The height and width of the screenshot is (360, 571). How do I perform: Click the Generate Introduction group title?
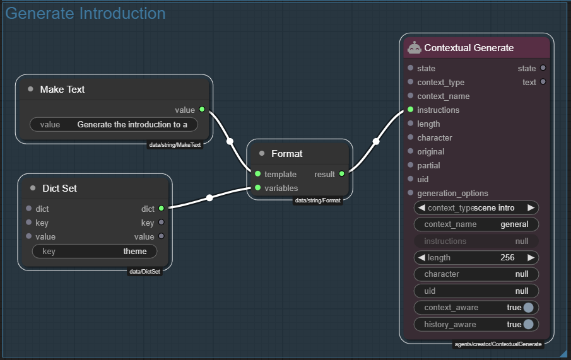click(85, 13)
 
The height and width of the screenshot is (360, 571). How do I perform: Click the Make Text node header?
click(62, 90)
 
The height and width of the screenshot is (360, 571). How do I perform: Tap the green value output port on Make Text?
click(202, 110)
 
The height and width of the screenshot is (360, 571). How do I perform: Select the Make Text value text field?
click(114, 124)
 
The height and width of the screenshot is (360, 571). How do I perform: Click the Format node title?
click(286, 154)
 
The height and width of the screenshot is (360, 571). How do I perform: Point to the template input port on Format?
click(257, 174)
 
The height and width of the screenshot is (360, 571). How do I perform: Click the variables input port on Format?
click(257, 188)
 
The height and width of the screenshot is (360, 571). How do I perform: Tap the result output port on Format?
click(342, 174)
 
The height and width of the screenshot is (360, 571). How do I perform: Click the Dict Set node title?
click(59, 189)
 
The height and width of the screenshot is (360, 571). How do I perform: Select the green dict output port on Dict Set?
click(162, 209)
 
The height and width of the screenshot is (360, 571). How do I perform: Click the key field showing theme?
click(95, 252)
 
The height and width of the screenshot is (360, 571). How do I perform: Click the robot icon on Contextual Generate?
click(415, 48)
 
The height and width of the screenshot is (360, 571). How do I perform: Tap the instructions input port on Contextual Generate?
click(411, 110)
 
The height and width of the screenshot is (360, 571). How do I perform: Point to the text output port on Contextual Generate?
click(543, 82)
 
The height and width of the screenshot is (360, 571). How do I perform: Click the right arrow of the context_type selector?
click(531, 207)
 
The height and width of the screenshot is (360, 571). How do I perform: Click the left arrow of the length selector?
click(421, 257)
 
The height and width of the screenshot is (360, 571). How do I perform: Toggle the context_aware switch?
click(528, 308)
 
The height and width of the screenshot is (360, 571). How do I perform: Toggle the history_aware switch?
click(528, 324)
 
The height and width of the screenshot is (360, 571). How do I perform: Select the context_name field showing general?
click(476, 224)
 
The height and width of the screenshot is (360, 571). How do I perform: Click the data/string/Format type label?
click(318, 200)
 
